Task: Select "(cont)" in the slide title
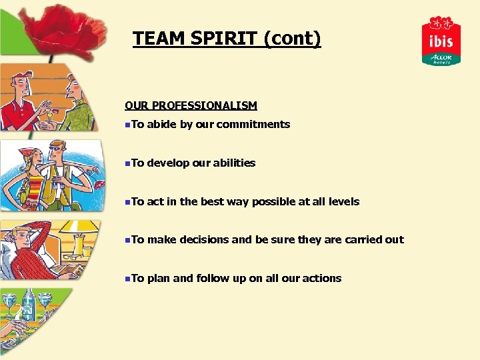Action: coord(292,39)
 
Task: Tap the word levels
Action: coord(344,201)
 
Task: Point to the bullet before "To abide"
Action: coord(127,125)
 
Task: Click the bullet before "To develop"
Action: coord(127,163)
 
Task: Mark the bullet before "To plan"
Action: coord(127,279)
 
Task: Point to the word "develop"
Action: coord(170,163)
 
